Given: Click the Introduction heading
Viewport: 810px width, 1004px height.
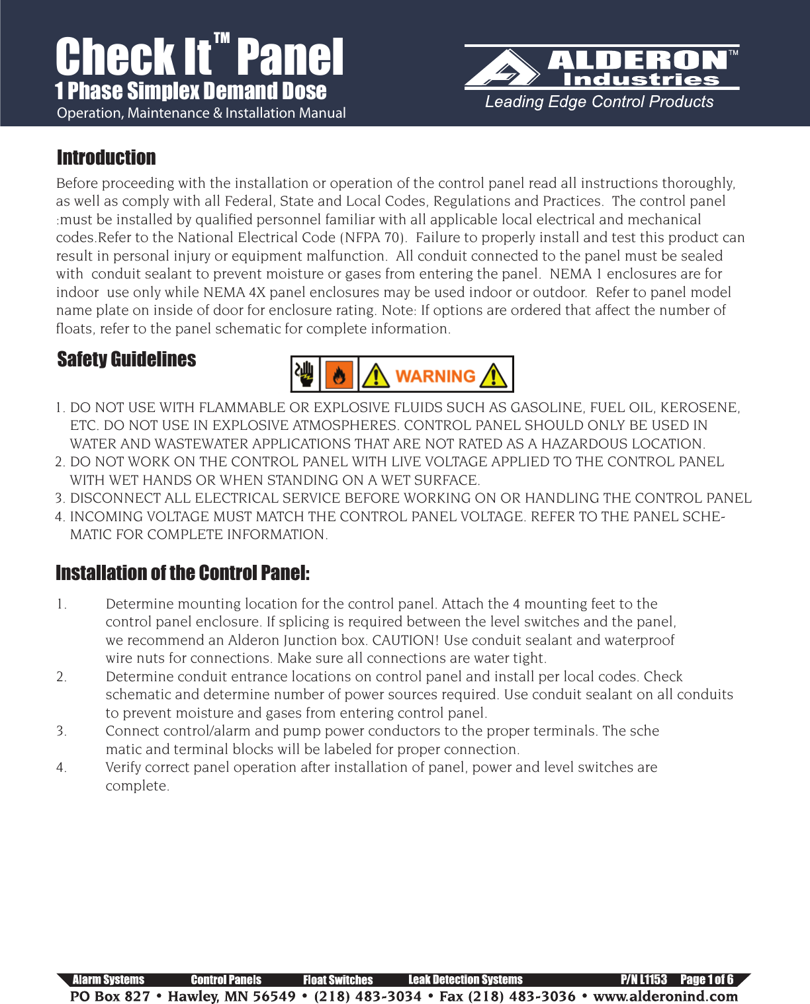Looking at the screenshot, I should point(107,157).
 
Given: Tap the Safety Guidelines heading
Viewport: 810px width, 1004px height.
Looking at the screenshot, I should point(126,359).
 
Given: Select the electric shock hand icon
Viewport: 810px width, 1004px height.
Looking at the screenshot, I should point(306,375).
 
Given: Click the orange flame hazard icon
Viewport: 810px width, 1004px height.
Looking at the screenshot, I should point(339,375).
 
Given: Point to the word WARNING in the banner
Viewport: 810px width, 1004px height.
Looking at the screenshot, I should point(435,376).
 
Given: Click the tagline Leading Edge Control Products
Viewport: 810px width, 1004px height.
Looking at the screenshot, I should point(599,102).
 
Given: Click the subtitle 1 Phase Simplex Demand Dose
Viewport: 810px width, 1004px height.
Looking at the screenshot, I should point(191,91).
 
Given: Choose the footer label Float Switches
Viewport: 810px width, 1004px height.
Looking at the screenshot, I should point(337,980).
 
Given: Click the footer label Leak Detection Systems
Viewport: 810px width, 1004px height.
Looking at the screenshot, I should point(465,980).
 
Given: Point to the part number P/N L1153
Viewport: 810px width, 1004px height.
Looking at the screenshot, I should point(643,980).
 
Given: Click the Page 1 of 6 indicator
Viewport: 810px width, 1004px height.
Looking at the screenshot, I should point(707,980).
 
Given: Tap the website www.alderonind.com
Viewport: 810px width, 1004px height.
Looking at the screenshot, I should point(665,996).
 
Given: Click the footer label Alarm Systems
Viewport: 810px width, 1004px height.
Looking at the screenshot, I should point(108,980).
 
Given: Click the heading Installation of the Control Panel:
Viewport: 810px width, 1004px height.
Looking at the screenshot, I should point(183,573).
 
